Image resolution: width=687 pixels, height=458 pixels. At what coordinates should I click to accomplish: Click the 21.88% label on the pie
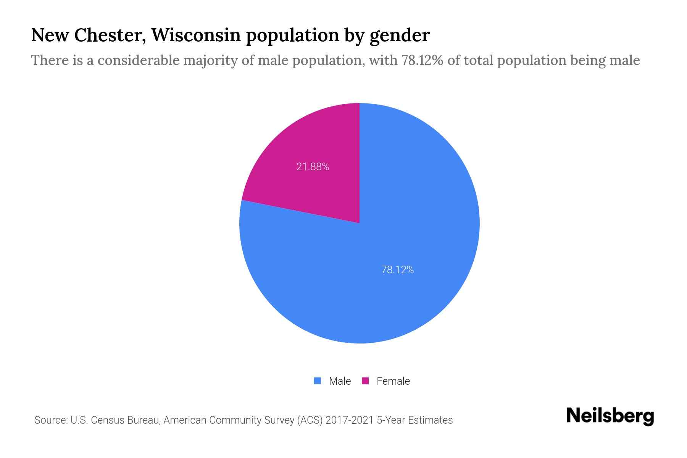point(313,167)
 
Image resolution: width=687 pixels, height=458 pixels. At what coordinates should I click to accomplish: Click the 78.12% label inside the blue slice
point(397,270)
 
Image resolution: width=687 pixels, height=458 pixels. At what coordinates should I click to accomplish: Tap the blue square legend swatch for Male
point(317,381)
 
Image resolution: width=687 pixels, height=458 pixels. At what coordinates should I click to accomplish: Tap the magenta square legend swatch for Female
point(365,381)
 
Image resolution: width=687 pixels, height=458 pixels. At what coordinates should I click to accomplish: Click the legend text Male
point(340,381)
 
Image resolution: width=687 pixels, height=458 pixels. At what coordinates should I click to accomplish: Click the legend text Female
point(393,381)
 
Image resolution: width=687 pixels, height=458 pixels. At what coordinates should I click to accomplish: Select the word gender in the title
point(400,36)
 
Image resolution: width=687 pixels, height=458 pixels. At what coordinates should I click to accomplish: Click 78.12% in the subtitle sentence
point(422,60)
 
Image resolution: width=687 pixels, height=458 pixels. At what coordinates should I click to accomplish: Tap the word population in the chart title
point(292,36)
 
